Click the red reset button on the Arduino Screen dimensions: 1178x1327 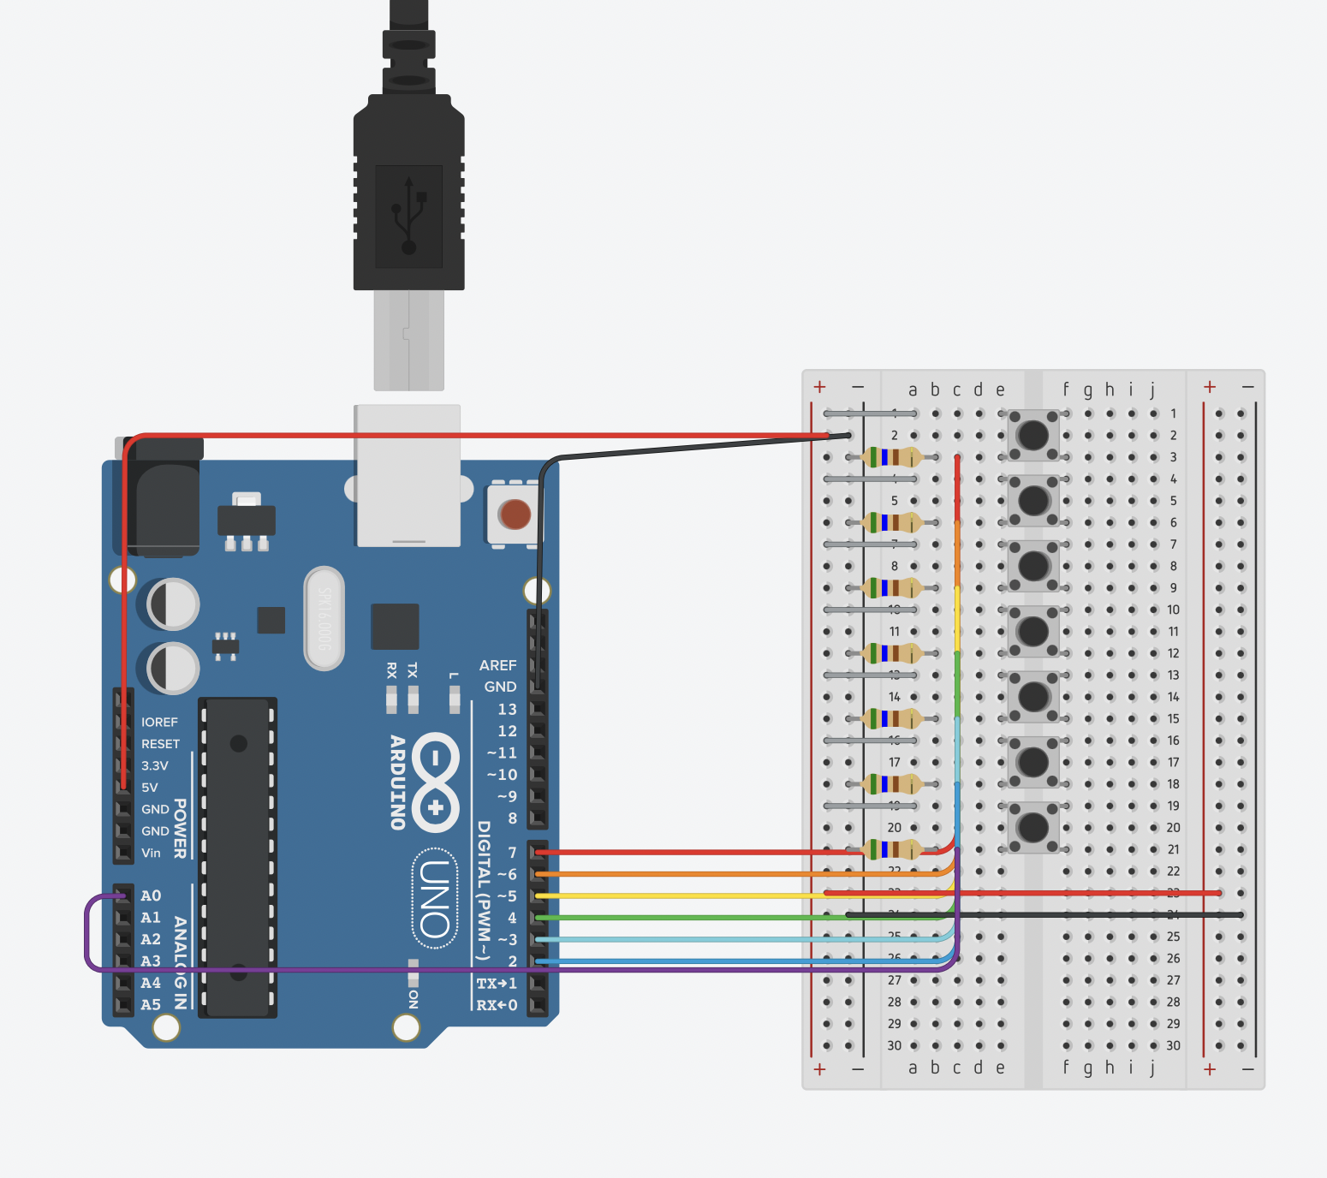pyautogui.click(x=515, y=515)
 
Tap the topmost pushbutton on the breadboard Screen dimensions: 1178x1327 pyautogui.click(x=1032, y=435)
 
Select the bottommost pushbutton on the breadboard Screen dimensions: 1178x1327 pyautogui.click(x=1032, y=827)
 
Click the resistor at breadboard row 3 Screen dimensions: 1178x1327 pyautogui.click(x=891, y=457)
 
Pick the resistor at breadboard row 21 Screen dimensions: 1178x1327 pyautogui.click(x=891, y=849)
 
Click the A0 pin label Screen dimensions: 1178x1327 pyautogui.click(x=151, y=895)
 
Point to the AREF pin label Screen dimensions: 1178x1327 pyautogui.click(x=497, y=665)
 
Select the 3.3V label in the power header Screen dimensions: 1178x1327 pyautogui.click(x=155, y=765)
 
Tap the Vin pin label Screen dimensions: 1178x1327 pyautogui.click(x=151, y=853)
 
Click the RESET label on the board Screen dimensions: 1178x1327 pyautogui.click(x=160, y=744)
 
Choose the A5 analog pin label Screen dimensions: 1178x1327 pyautogui.click(x=151, y=1004)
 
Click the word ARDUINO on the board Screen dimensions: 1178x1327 pyautogui.click(x=397, y=782)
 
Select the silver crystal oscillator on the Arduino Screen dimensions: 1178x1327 pyautogui.click(x=324, y=617)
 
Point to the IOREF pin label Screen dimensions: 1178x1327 pyautogui.click(x=159, y=722)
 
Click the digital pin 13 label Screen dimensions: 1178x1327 pyautogui.click(x=507, y=709)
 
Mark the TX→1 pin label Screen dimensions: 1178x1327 pyautogui.click(x=497, y=983)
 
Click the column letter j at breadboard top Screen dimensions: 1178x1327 pyautogui.click(x=1152, y=390)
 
